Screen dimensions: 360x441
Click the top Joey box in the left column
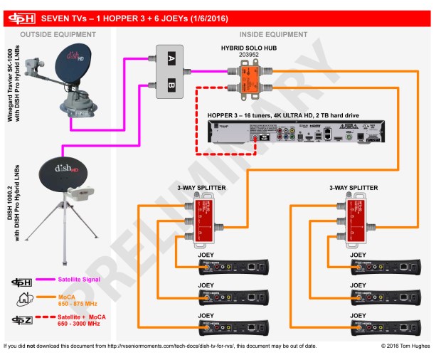(234, 268)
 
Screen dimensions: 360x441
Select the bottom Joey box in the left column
(234, 329)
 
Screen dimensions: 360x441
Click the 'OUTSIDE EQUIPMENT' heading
(59, 33)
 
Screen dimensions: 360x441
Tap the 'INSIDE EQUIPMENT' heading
(273, 33)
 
